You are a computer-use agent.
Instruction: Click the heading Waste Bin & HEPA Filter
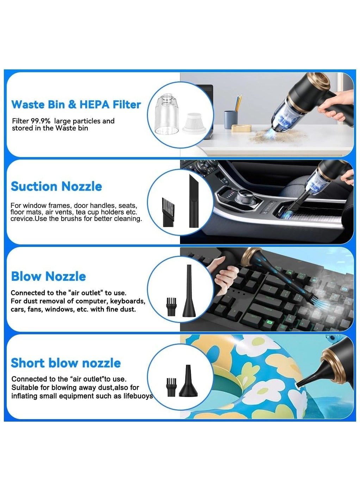pos(76,104)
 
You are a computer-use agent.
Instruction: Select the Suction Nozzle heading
pos(56,186)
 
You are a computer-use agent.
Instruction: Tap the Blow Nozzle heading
pos(48,276)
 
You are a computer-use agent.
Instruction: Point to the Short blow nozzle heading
pos(66,363)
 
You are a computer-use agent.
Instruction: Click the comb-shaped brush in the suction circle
pos(168,212)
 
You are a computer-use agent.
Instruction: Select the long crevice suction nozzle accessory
pos(194,200)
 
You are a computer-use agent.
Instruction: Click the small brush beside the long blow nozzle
pos(172,306)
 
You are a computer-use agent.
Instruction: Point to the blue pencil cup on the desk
pos(231,120)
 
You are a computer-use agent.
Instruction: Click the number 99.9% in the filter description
pos(41,121)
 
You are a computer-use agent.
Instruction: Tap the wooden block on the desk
pos(241,128)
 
